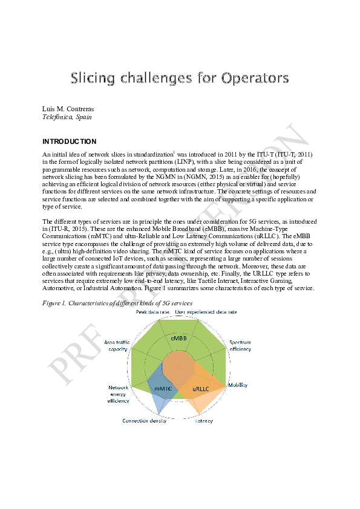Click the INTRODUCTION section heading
pyautogui.click(x=69, y=141)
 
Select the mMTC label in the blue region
pyautogui.click(x=163, y=387)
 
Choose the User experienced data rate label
pyautogui.click(x=206, y=312)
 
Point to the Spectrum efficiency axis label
pyautogui.click(x=240, y=346)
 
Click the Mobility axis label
pyautogui.click(x=238, y=385)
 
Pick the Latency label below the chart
pyautogui.click(x=204, y=421)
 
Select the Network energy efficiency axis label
pyautogui.click(x=119, y=394)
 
